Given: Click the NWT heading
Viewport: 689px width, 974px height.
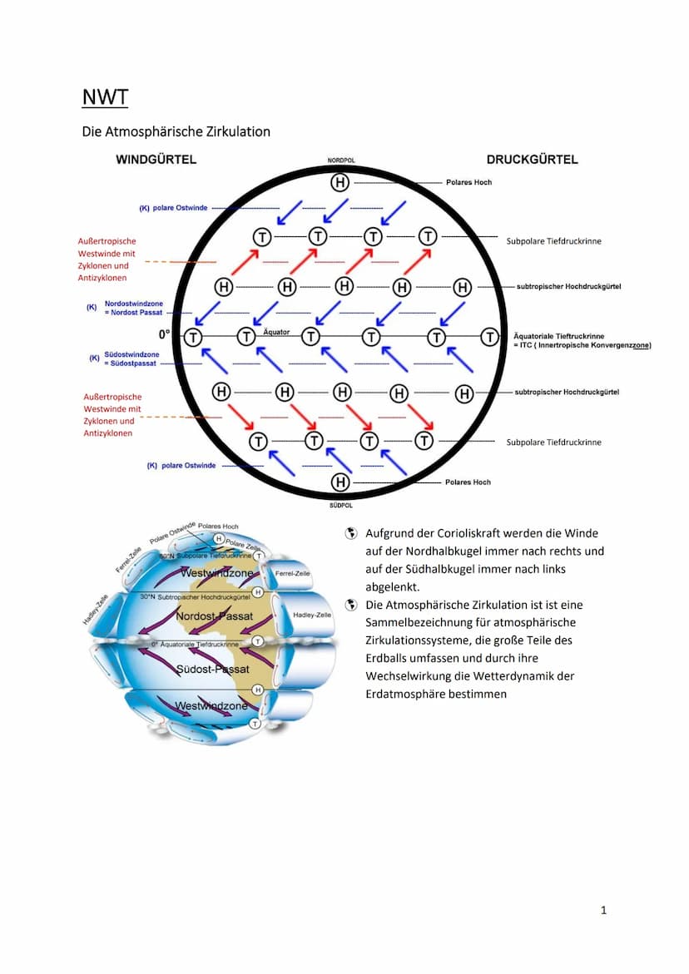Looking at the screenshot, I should [105, 97].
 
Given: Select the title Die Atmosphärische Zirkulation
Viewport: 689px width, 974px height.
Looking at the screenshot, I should [176, 131].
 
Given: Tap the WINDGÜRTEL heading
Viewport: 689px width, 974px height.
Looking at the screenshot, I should [156, 160].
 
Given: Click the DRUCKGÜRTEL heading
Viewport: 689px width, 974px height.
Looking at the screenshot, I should [532, 160].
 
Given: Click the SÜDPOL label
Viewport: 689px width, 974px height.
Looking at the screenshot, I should [340, 504].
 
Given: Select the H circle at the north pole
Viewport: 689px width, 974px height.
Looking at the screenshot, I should [340, 182].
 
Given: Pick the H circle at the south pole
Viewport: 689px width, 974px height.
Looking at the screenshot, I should [340, 482].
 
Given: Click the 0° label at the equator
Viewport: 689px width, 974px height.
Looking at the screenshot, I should [164, 334].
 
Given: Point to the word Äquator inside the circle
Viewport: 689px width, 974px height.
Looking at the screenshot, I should [276, 332].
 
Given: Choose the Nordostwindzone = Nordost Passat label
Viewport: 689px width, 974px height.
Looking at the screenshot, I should [133, 307].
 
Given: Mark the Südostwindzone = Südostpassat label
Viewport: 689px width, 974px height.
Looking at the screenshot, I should [131, 358].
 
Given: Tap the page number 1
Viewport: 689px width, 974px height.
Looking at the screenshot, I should [603, 910].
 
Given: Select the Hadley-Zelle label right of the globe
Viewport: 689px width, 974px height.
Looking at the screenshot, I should [312, 615].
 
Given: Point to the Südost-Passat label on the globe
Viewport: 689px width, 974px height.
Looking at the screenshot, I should [213, 669].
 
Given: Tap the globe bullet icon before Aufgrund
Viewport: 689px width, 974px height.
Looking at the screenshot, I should [351, 533].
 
